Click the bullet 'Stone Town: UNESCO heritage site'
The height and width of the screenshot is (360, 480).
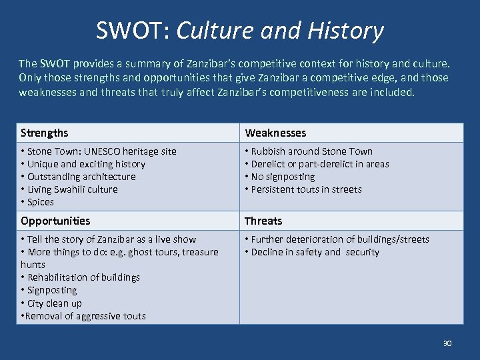(99, 151)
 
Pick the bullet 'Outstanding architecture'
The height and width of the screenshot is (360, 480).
(78, 177)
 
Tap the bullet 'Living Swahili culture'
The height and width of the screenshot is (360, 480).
(69, 189)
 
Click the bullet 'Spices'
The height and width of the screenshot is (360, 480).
(37, 202)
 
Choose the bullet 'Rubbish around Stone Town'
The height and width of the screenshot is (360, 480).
(309, 151)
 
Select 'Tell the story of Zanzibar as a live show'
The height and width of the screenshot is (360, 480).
(109, 239)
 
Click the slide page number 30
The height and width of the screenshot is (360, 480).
(447, 343)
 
